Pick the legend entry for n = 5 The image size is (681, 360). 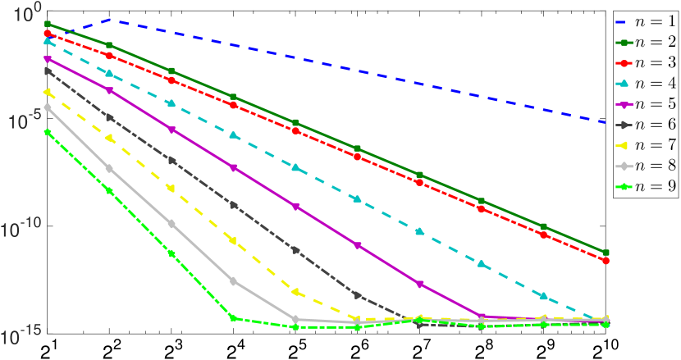point(646,104)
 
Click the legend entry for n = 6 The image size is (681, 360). point(646,125)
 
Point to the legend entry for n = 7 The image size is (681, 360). point(646,146)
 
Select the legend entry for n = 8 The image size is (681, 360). point(646,166)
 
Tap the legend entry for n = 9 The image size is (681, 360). point(646,187)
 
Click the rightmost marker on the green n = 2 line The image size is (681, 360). point(606,253)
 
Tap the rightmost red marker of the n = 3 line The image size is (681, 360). point(606,261)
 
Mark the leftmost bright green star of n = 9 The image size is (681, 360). point(48,131)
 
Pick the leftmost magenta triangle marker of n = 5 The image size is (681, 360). point(48,59)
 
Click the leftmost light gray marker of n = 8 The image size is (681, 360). point(48,107)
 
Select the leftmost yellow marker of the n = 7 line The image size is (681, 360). point(48,93)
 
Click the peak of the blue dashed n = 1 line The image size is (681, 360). point(110,19)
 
